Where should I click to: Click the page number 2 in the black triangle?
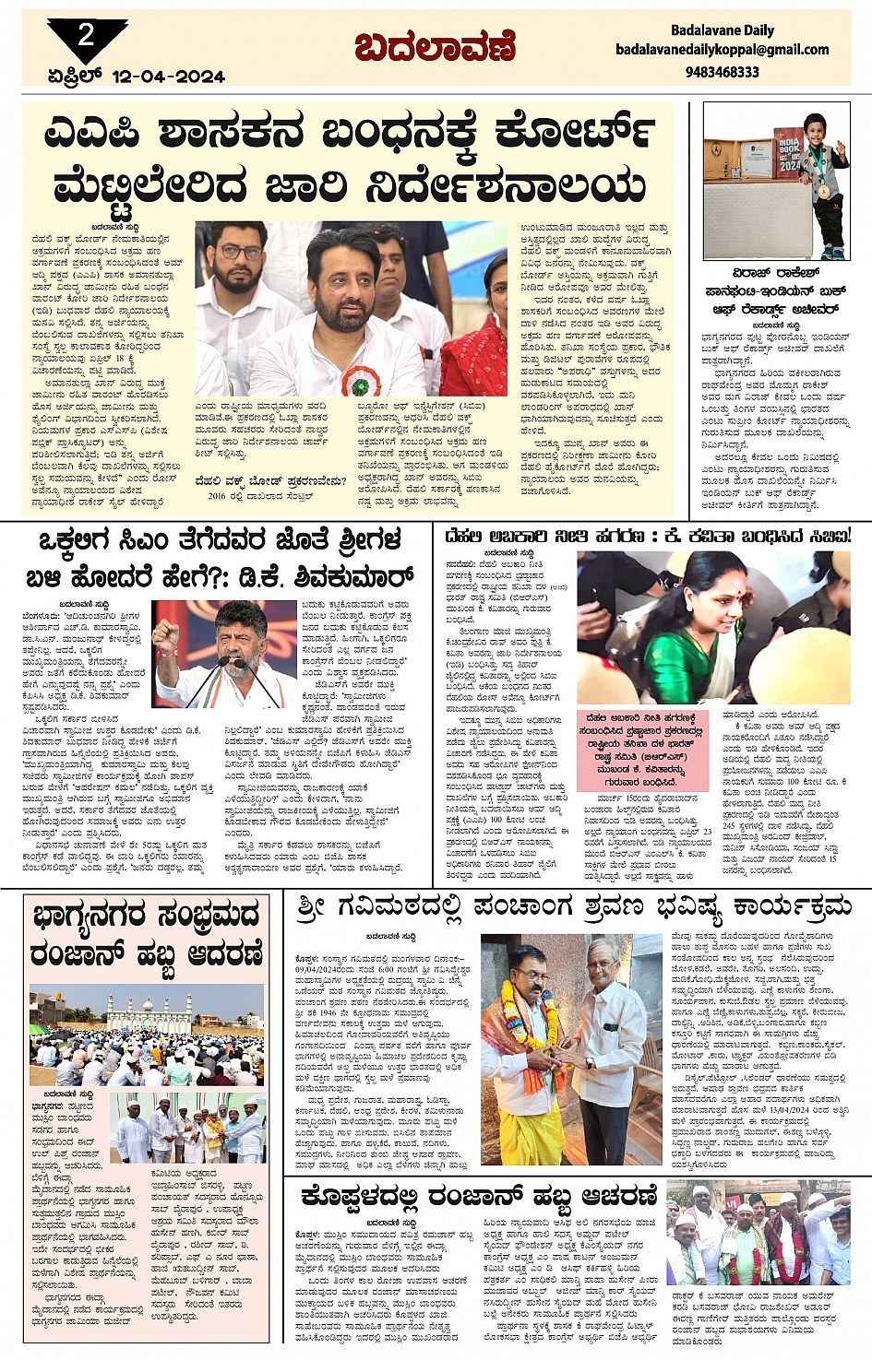coord(86,35)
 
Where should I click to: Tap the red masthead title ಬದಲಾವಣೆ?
coord(434,46)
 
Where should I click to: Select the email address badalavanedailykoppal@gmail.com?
coord(722,50)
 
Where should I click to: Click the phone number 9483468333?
coord(722,72)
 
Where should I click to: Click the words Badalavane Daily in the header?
coord(722,30)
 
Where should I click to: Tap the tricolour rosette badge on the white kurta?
coord(354,382)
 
